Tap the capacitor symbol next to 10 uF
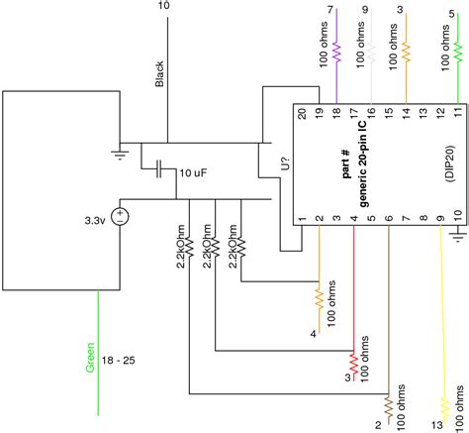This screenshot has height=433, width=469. click(x=160, y=170)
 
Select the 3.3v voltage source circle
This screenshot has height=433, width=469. click(x=120, y=215)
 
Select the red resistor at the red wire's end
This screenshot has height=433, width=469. click(x=353, y=361)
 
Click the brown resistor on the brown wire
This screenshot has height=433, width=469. click(x=389, y=405)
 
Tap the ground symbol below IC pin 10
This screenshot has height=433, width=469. click(x=458, y=234)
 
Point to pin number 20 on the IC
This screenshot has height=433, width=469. click(x=302, y=114)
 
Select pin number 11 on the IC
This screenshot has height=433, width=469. click(x=456, y=114)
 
